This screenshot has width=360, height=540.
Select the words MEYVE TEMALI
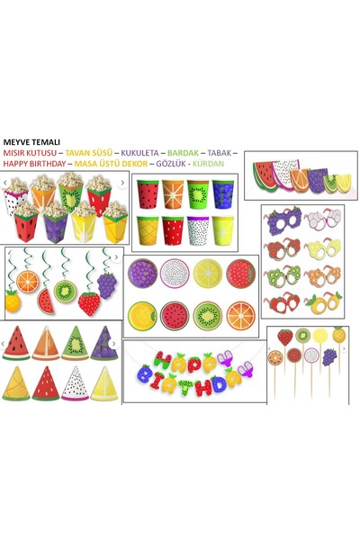tap(31, 142)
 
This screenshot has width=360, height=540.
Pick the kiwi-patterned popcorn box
tap(69, 194)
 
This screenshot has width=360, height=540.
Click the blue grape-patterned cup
tap(223, 194)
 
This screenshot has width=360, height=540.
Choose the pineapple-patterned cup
tap(147, 229)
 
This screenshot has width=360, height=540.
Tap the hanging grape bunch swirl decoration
tap(107, 283)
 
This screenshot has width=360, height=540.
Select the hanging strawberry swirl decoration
tap(88, 301)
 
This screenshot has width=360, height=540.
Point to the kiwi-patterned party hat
tap(74, 344)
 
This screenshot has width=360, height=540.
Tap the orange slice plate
tap(240, 314)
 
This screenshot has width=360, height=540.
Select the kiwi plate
tap(208, 315)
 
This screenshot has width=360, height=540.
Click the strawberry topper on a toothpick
tap(284, 338)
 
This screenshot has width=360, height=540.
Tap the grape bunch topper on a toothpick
tap(328, 356)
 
